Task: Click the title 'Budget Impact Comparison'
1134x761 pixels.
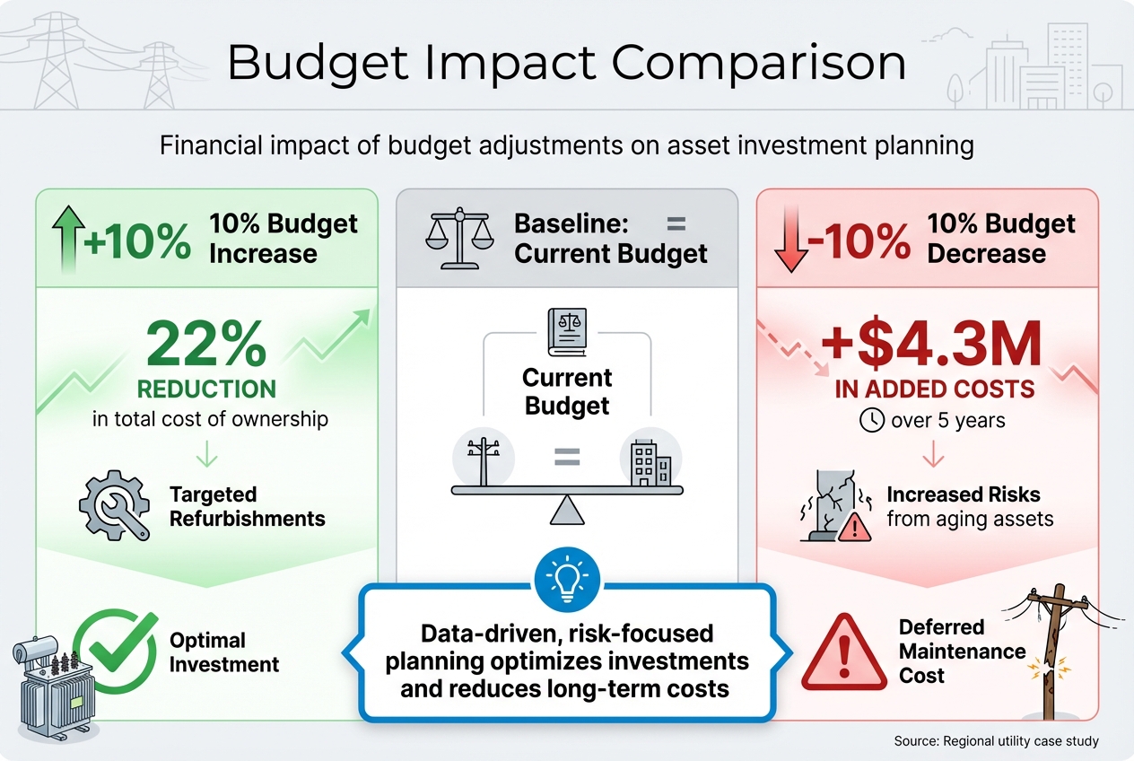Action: click(x=566, y=64)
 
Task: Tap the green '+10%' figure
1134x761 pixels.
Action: click(x=137, y=241)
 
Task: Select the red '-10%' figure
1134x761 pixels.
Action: click(x=858, y=241)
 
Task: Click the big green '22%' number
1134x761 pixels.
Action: click(x=206, y=344)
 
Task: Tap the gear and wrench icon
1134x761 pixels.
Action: click(x=112, y=506)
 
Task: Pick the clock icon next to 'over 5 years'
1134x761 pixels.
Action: click(x=872, y=420)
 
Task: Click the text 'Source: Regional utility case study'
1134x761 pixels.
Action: click(x=996, y=741)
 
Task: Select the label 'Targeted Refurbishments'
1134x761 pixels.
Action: click(x=247, y=506)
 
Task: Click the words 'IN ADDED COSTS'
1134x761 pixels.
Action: click(x=934, y=389)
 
